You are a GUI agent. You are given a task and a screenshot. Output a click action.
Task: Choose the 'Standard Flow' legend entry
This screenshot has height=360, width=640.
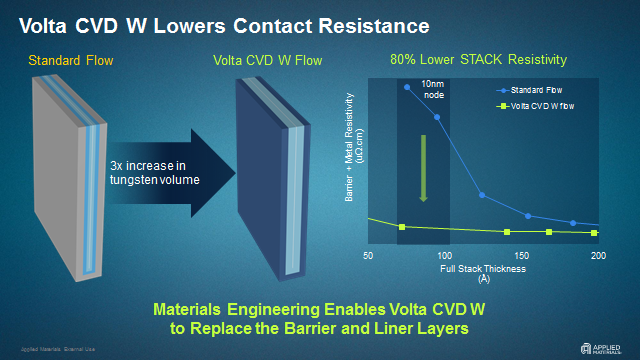click(x=535, y=91)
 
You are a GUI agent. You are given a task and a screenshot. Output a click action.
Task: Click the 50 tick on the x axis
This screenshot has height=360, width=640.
click(x=368, y=257)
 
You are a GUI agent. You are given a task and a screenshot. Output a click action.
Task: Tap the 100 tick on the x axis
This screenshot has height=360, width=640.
click(x=445, y=257)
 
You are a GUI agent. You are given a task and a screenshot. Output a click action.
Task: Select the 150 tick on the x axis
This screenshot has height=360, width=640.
click(x=521, y=257)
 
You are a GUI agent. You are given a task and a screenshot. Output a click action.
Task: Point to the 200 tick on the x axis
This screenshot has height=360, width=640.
click(x=598, y=257)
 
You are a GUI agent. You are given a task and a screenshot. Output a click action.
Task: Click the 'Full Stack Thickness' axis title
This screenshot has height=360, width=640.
click(x=483, y=269)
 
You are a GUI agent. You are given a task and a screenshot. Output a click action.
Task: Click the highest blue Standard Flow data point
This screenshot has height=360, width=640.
click(x=406, y=87)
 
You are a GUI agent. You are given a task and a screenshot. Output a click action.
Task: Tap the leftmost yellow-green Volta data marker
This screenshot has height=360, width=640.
click(x=402, y=227)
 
